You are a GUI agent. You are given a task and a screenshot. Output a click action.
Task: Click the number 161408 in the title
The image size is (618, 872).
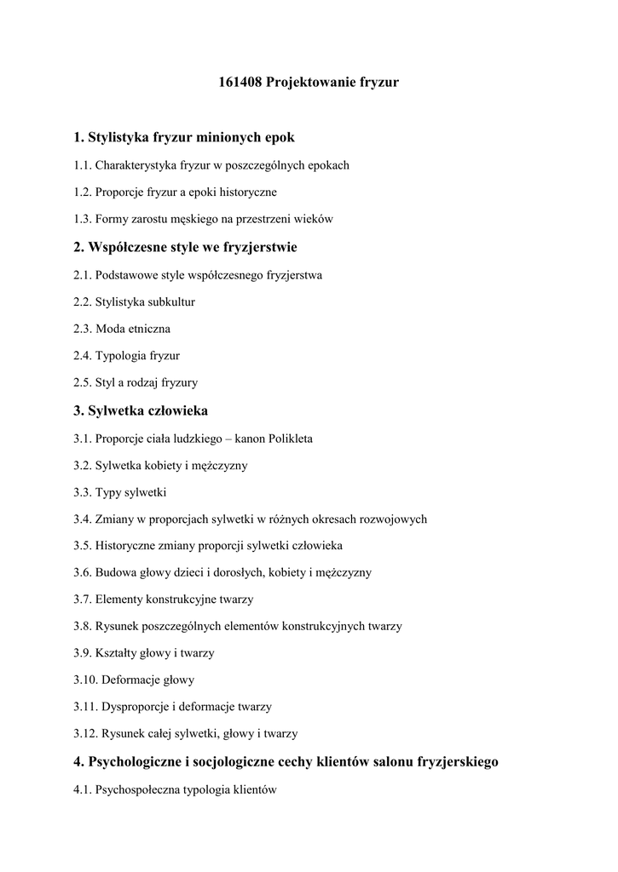click(x=235, y=83)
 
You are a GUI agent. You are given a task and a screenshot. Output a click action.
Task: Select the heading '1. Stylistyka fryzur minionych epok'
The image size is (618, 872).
click(x=184, y=136)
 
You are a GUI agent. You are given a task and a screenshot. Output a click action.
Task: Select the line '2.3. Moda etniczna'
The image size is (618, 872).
click(x=122, y=328)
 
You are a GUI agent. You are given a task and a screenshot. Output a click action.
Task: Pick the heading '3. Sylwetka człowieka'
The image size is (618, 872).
click(x=141, y=410)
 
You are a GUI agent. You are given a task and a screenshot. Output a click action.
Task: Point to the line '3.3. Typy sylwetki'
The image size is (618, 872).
click(x=119, y=492)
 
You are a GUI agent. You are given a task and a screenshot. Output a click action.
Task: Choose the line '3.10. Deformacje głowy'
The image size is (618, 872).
click(x=134, y=680)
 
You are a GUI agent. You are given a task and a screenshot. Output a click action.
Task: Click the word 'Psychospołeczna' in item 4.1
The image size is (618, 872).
click(x=139, y=789)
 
